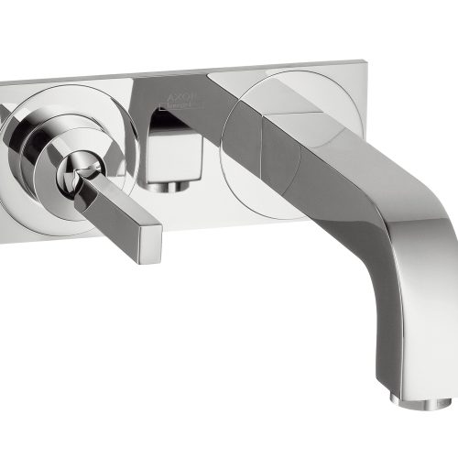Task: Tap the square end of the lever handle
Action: click(147, 241)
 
